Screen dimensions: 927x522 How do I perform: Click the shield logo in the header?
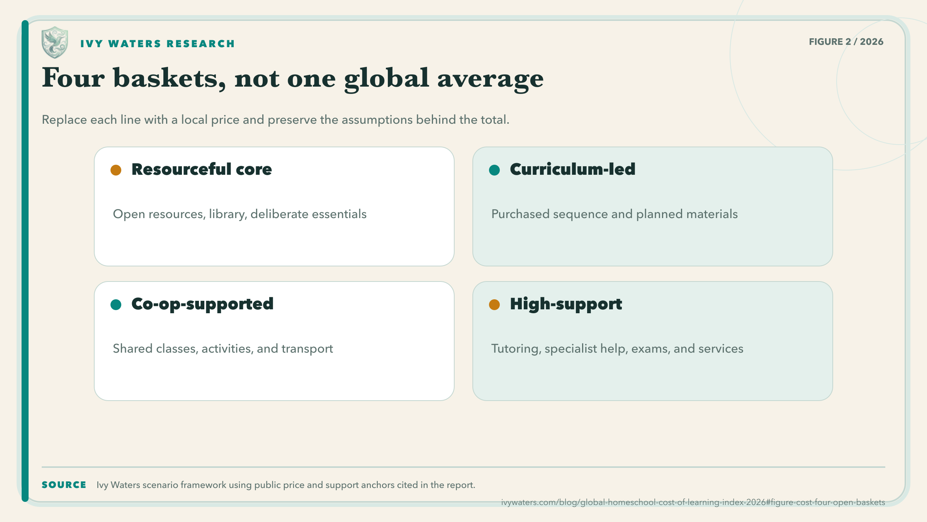(55, 43)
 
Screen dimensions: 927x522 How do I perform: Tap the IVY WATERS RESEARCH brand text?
(158, 44)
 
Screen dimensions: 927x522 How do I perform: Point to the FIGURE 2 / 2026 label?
(846, 42)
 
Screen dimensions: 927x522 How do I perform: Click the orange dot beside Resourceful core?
(116, 170)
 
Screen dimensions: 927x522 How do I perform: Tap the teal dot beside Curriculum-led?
(494, 170)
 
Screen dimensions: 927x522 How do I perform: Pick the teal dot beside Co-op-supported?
(116, 305)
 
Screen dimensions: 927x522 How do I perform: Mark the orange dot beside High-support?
(494, 305)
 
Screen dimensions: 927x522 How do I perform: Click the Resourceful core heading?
(202, 169)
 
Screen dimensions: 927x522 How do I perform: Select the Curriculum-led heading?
(572, 169)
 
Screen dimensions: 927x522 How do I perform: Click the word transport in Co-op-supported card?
(307, 349)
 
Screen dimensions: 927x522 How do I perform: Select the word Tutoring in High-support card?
(516, 349)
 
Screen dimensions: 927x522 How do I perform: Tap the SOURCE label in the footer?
(64, 485)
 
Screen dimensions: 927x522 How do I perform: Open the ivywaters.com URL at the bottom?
(693, 502)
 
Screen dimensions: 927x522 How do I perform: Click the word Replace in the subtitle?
(65, 120)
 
